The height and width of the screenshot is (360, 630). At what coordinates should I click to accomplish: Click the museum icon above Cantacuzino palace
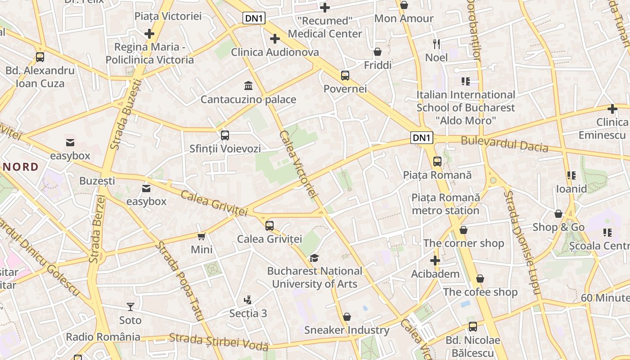[248, 85]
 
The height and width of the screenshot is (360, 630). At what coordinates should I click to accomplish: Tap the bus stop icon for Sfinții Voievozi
[225, 135]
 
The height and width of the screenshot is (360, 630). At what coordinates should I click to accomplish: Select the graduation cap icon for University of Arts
[314, 258]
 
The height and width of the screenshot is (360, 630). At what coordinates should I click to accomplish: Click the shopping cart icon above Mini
[201, 236]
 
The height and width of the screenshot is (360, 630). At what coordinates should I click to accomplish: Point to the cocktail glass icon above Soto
[130, 307]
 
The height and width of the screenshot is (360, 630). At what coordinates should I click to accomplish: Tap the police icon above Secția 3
[247, 300]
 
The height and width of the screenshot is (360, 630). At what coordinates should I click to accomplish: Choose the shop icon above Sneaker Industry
[346, 317]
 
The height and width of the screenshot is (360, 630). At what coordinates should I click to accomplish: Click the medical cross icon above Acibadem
[435, 261]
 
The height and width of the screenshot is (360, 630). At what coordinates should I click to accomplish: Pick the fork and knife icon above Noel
[436, 44]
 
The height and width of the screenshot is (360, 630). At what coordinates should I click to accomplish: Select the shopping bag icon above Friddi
[378, 52]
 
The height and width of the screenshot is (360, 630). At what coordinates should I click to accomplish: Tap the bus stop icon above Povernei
[345, 76]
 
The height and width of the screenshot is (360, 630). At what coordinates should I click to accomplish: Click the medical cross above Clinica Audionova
[275, 39]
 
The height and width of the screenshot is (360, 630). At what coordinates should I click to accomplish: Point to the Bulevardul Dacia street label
[504, 144]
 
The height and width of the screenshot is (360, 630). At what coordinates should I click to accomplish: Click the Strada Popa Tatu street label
[180, 281]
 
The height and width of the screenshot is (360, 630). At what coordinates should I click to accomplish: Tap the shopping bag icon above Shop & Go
[558, 214]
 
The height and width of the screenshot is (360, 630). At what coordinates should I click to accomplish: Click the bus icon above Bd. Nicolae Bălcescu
[472, 327]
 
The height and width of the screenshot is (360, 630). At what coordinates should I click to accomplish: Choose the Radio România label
[103, 337]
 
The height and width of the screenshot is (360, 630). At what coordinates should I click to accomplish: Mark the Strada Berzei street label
[96, 229]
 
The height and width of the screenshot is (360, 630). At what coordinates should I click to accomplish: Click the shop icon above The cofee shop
[480, 279]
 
